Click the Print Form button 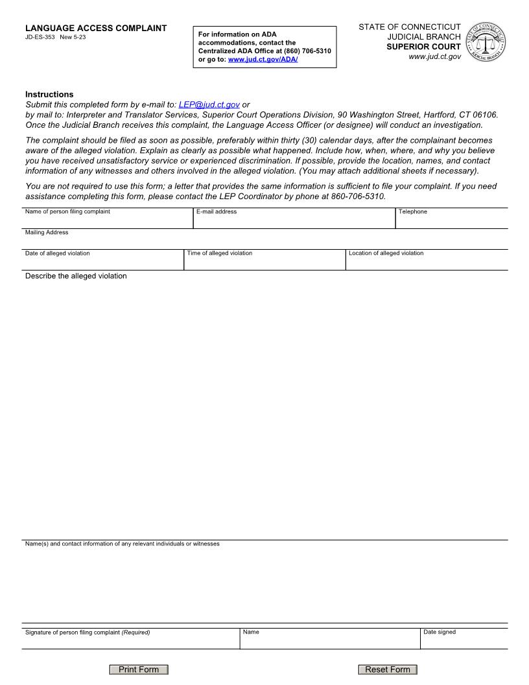[139, 669]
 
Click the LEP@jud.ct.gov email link [209, 104]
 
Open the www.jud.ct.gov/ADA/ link [263, 59]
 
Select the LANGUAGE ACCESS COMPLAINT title [96, 28]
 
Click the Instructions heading [49, 94]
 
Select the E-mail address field [294, 221]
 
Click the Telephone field [451, 221]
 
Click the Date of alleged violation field [103, 262]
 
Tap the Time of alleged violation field [264, 262]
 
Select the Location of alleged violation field [427, 262]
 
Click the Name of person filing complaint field [108, 221]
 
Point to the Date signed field [464, 641]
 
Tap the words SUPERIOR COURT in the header [423, 47]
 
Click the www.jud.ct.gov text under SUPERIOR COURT [434, 57]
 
